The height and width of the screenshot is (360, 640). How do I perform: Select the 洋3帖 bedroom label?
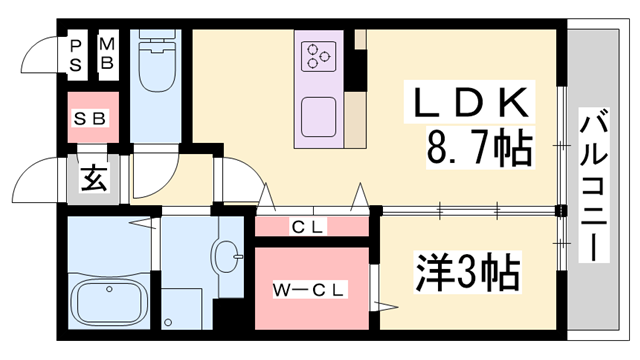(x=466, y=270)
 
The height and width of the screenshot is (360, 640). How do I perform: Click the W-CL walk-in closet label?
(x=311, y=291)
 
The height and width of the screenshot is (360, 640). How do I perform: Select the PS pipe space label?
(x=76, y=55)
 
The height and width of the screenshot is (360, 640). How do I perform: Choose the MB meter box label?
(x=108, y=55)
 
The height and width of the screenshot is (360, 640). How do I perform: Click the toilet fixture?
(x=156, y=64)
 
